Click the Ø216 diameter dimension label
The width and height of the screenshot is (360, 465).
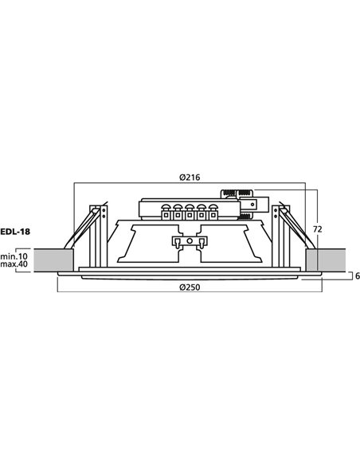point(189,177)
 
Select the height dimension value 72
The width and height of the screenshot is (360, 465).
point(317,228)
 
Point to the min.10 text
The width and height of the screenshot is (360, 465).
point(14,256)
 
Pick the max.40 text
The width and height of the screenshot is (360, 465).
point(14,265)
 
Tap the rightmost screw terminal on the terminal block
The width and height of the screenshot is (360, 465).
point(212,213)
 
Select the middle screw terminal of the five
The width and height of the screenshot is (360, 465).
point(190,213)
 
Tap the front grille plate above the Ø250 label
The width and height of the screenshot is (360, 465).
point(189,276)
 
